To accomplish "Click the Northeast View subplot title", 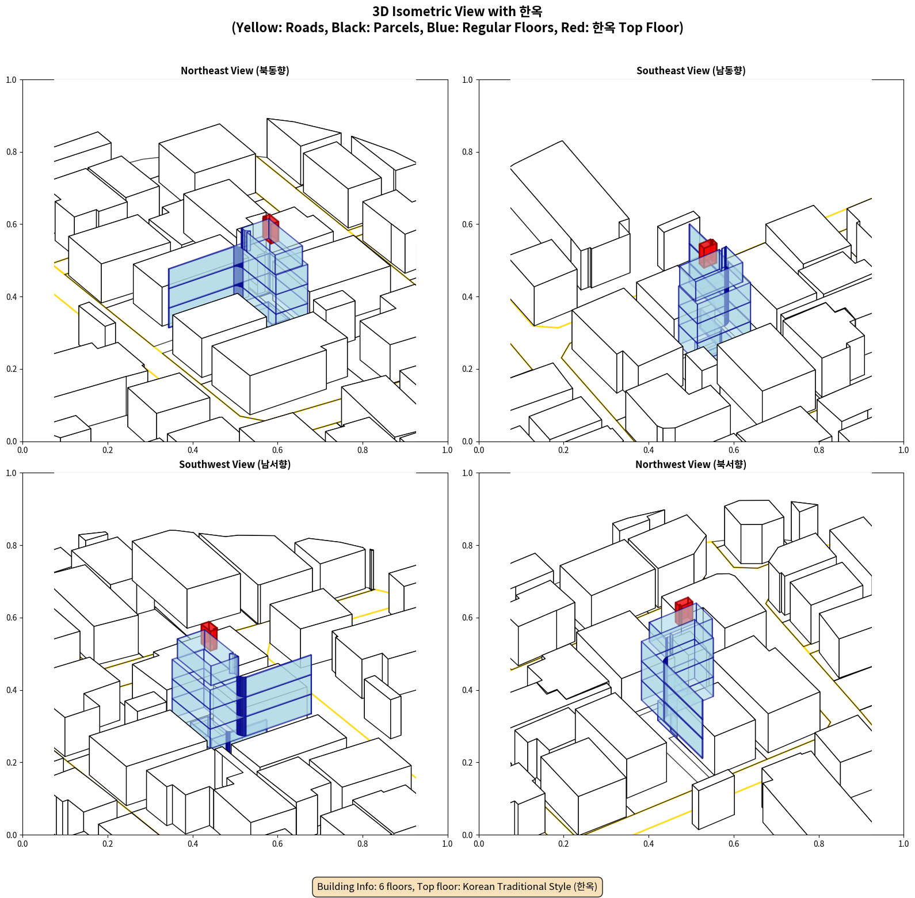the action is point(235,71).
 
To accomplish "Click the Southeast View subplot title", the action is point(691,71).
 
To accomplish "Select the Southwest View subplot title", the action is point(235,465).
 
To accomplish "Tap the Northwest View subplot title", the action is point(691,465).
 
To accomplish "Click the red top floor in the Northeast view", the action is point(270,229).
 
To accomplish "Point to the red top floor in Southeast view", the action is point(708,253).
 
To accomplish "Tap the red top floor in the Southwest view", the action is point(209,636).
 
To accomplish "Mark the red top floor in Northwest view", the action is point(684,611).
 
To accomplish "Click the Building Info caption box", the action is point(457,886).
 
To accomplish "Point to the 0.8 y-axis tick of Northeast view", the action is point(12,152).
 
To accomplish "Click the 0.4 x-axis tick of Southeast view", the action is point(649,450).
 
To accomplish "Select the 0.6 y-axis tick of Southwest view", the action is point(12,618).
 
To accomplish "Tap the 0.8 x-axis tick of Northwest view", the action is point(818,844).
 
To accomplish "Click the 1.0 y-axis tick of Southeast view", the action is point(467,80).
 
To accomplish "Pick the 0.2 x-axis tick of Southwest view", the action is point(108,844).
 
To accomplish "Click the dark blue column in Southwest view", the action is point(241,706).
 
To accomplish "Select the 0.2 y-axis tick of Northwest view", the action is point(467,763).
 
